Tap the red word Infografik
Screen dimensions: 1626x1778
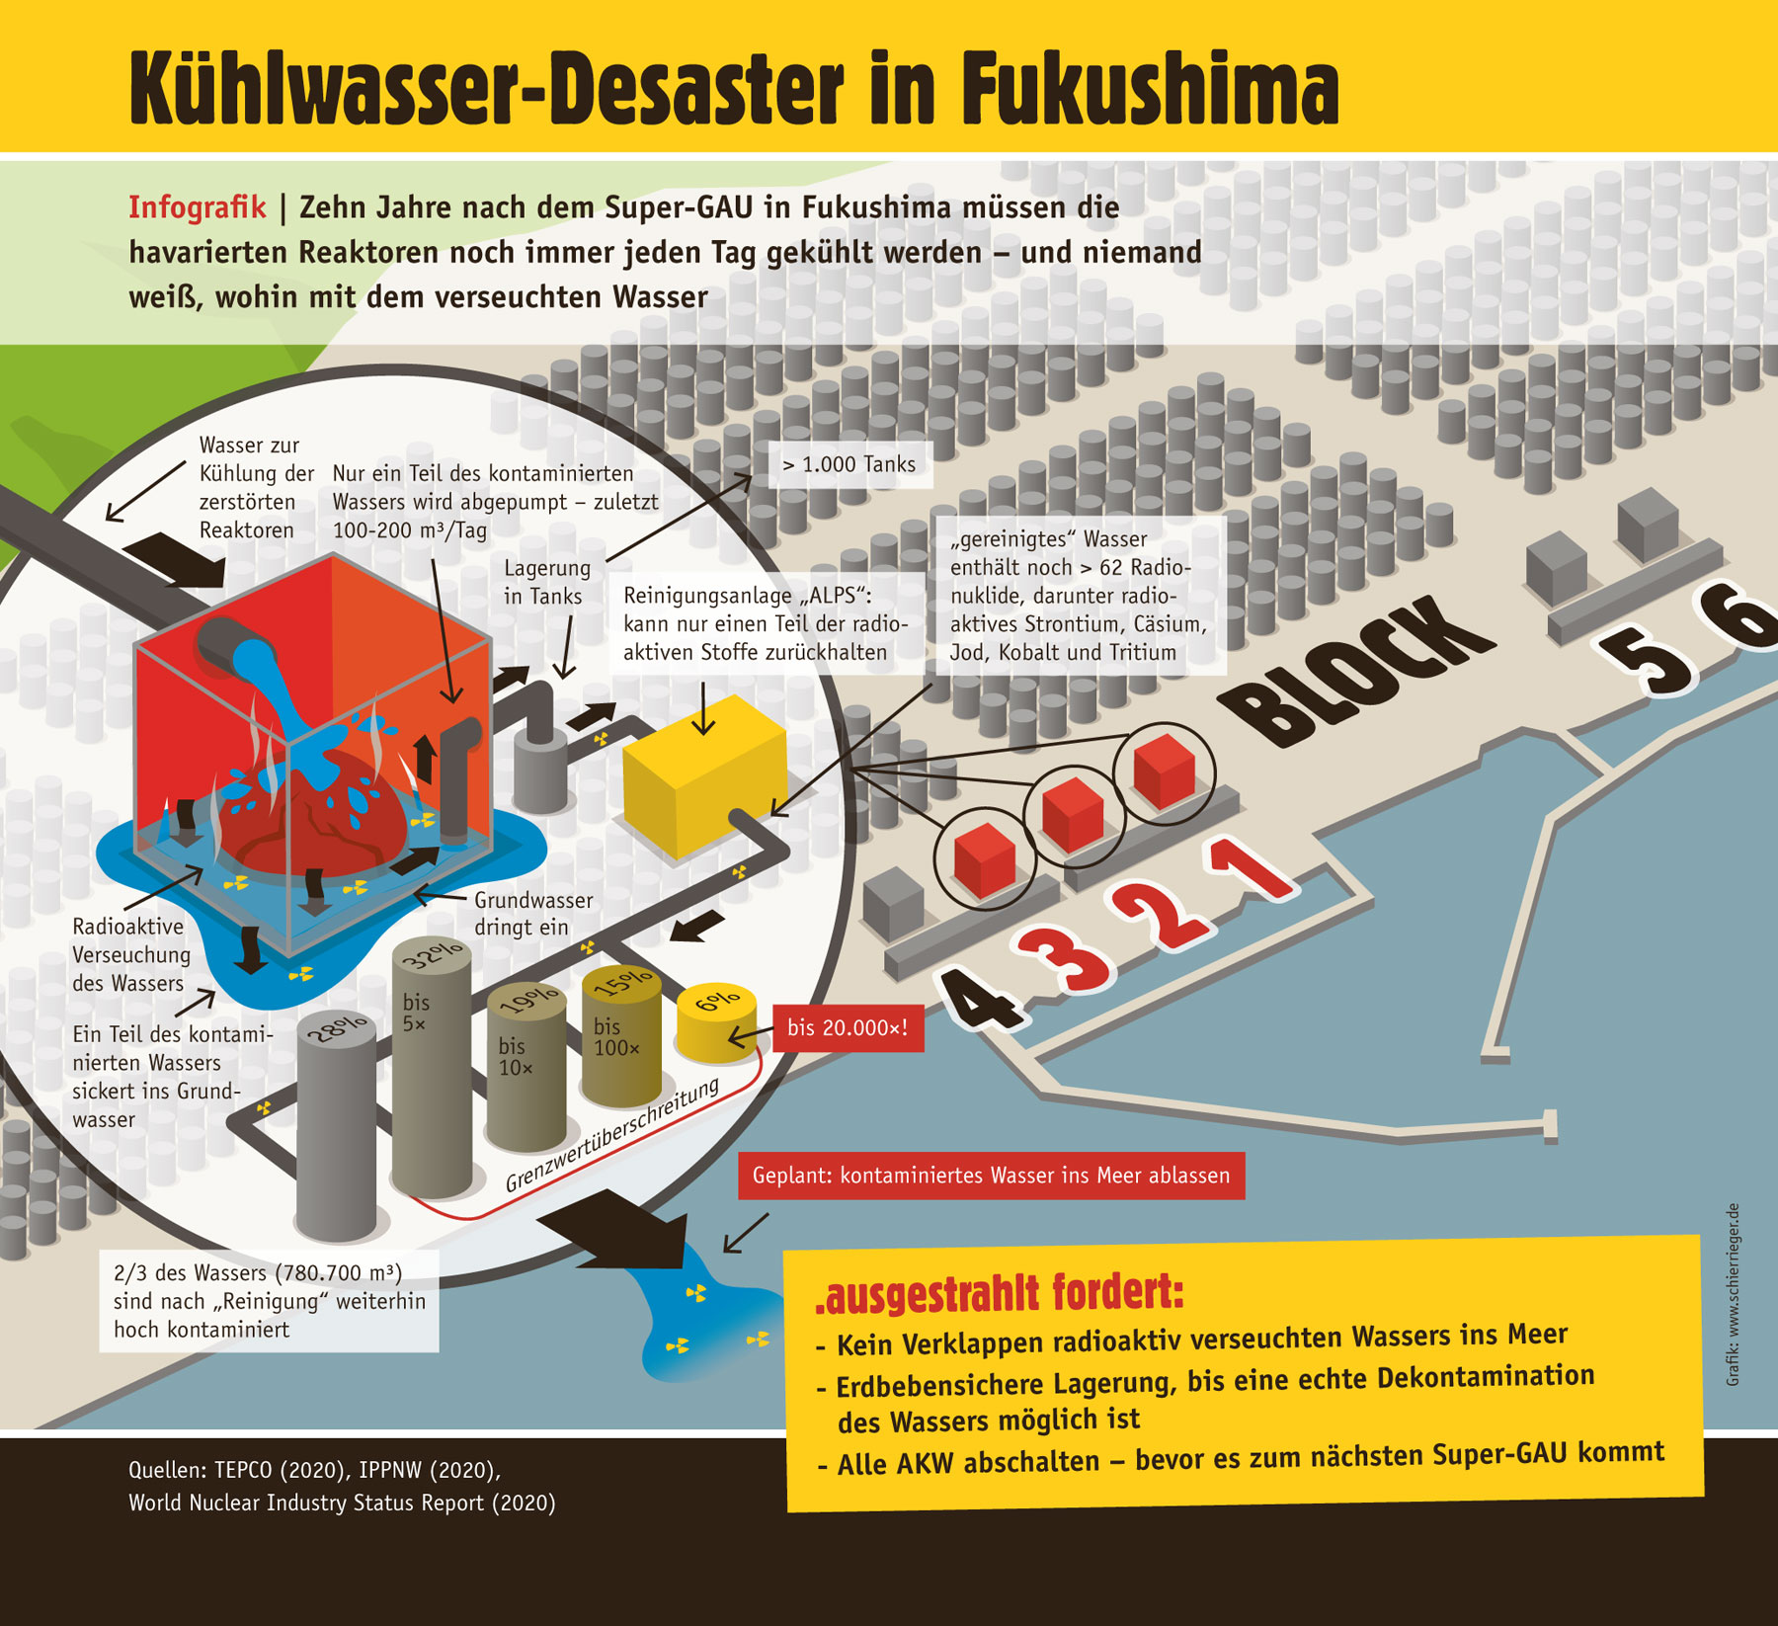click(x=197, y=207)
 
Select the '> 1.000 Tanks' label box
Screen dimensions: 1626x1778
click(x=849, y=464)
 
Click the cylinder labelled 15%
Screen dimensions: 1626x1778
click(x=620, y=1037)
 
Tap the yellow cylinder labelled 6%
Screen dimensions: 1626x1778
click(x=716, y=1022)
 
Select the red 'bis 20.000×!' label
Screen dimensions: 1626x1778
click(x=848, y=1028)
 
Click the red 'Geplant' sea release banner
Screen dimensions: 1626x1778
click(x=991, y=1176)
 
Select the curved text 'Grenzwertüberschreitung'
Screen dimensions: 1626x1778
click(x=612, y=1136)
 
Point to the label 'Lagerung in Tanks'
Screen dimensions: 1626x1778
click(x=546, y=582)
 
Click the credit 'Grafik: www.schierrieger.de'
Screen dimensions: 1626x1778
click(x=1733, y=1294)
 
